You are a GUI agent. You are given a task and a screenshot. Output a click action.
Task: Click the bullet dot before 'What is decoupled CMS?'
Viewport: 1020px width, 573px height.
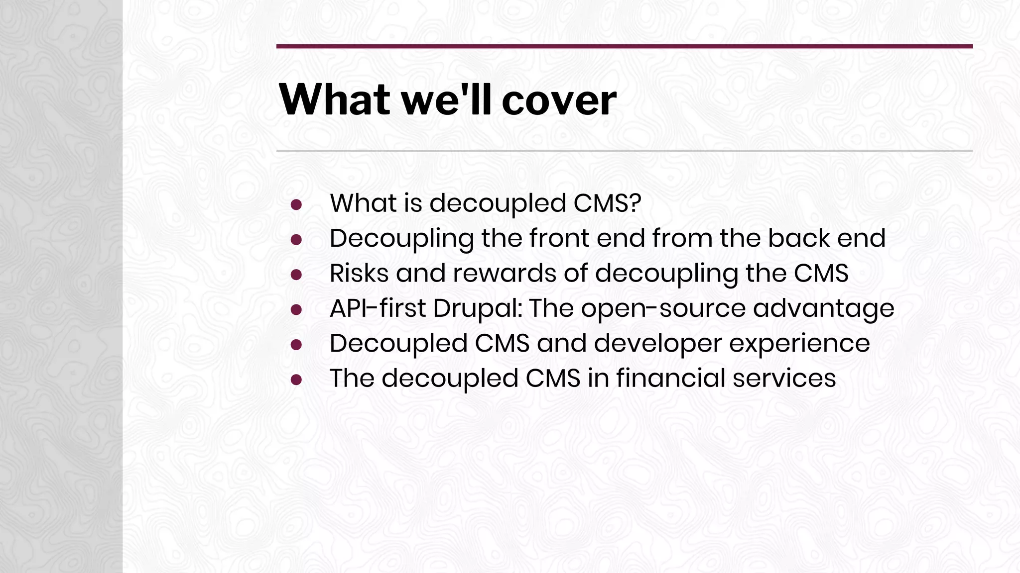pyautogui.click(x=296, y=204)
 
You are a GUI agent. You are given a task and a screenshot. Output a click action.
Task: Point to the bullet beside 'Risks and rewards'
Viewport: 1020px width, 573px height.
pyautogui.click(x=296, y=275)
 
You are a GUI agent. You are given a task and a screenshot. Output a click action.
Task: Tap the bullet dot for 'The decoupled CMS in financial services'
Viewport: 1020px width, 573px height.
pyautogui.click(x=296, y=380)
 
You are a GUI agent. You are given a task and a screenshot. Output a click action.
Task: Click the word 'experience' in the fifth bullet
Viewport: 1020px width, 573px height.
pyautogui.click(x=799, y=343)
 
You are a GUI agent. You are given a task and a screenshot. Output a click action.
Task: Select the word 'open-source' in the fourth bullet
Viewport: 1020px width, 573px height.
pyautogui.click(x=663, y=308)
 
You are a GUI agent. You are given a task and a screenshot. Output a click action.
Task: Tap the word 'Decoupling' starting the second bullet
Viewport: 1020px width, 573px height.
pyautogui.click(x=401, y=239)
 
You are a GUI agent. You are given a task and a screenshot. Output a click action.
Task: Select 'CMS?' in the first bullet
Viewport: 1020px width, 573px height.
pyautogui.click(x=607, y=203)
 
